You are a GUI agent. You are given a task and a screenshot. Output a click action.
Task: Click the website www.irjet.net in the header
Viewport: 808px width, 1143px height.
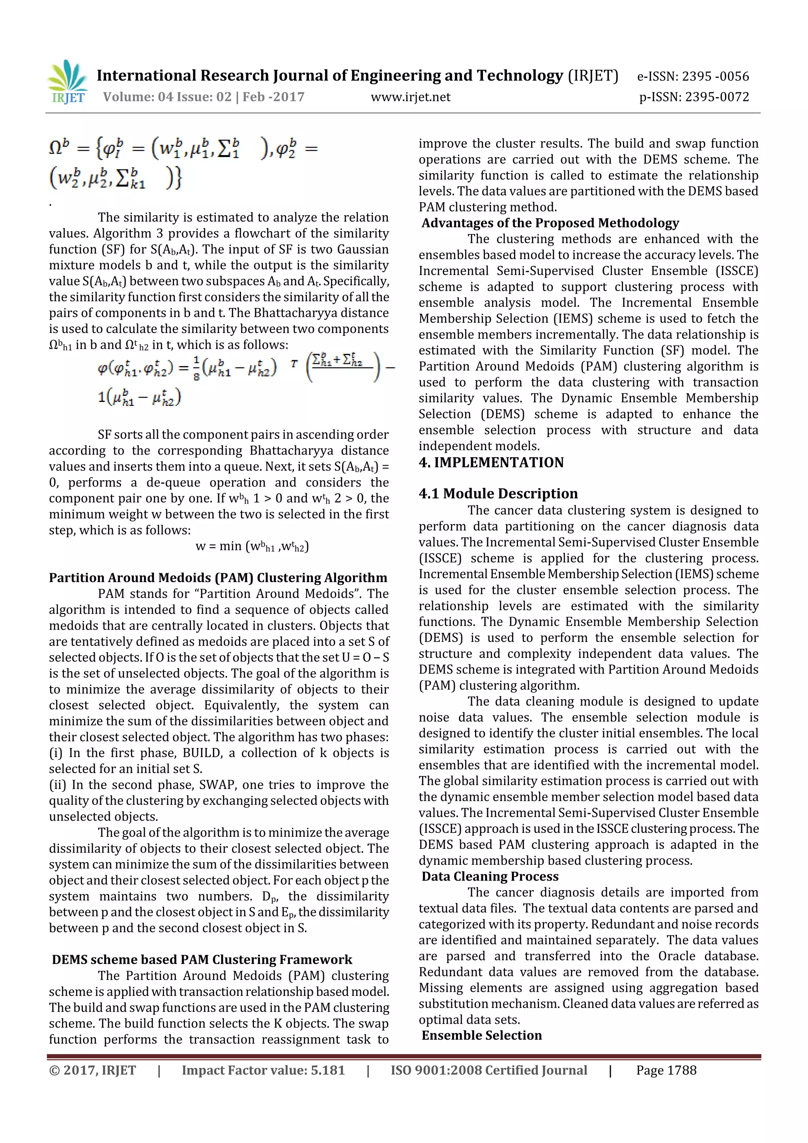(410, 97)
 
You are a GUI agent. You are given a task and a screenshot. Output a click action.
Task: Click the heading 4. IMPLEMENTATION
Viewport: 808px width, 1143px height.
(491, 462)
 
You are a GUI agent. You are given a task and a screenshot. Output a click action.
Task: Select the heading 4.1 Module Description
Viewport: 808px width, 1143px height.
(498, 493)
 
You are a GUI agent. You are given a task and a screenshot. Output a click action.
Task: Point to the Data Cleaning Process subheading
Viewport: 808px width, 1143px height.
(490, 876)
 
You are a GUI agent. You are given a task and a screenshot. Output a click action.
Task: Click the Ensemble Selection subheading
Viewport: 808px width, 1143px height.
(481, 1035)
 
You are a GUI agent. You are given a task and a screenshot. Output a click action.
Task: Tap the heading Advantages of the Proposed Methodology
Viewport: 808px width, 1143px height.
(550, 223)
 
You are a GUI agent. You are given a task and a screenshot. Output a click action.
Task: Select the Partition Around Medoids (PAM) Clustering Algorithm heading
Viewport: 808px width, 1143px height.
(218, 578)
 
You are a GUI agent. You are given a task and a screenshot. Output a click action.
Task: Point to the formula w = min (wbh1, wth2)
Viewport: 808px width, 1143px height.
(252, 546)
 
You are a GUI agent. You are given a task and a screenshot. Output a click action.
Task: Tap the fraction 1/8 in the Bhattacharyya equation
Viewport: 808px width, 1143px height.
(196, 369)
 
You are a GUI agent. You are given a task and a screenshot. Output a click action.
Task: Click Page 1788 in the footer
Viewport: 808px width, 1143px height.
(666, 1070)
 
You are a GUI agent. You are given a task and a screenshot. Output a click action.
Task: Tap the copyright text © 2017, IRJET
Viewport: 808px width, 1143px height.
(93, 1070)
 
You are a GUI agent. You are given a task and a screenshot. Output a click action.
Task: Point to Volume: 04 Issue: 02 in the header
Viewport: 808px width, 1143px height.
(167, 97)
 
